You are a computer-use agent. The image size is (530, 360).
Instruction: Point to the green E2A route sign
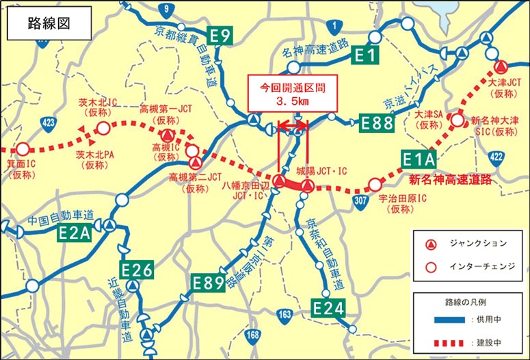click(x=74, y=233)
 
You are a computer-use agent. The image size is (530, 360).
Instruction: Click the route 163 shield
click(x=284, y=315)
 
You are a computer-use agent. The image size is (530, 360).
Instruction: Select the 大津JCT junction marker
click(x=501, y=67)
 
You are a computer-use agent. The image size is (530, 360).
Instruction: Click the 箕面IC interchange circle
click(x=23, y=149)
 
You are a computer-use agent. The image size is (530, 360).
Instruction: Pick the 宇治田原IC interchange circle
click(x=374, y=185)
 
